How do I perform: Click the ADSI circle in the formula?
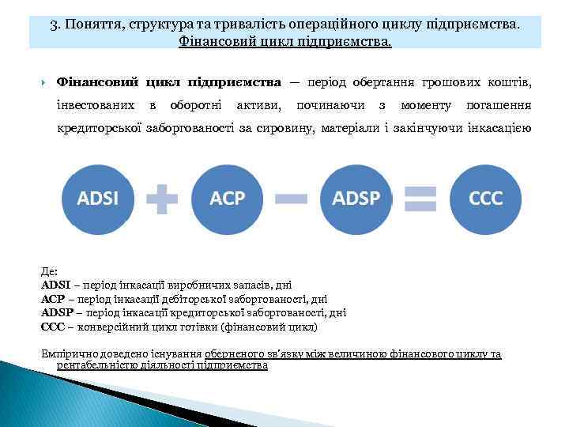point(97,198)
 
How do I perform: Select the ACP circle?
point(228,198)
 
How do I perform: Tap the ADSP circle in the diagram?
point(356,198)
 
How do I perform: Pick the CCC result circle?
point(485,198)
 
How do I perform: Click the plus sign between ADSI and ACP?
point(162,198)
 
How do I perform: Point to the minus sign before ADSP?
point(292,198)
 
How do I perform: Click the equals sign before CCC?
point(420,198)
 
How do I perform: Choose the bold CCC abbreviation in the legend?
point(51,326)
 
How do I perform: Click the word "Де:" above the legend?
point(49,270)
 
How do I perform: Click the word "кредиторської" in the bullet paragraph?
point(95,129)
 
